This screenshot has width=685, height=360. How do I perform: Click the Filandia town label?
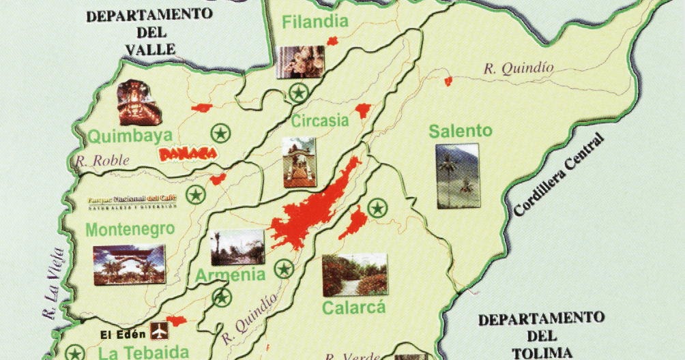pyautogui.click(x=315, y=21)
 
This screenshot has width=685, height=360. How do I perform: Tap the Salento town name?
pyautogui.click(x=461, y=131)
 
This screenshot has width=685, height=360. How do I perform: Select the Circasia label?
pyautogui.click(x=320, y=121)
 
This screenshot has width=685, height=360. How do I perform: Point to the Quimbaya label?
pyautogui.click(x=121, y=136)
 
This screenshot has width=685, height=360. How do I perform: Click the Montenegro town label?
pyautogui.click(x=130, y=230)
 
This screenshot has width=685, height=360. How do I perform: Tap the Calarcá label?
pyautogui.click(x=353, y=307)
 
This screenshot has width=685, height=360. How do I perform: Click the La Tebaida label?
pyautogui.click(x=143, y=352)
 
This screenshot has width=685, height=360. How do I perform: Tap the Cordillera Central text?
pyautogui.click(x=559, y=176)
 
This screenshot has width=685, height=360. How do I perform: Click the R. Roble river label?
pyautogui.click(x=96, y=162)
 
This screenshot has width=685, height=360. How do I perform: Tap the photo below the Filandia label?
pyautogui.click(x=300, y=62)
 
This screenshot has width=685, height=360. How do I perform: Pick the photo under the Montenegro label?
pyautogui.click(x=129, y=265)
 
